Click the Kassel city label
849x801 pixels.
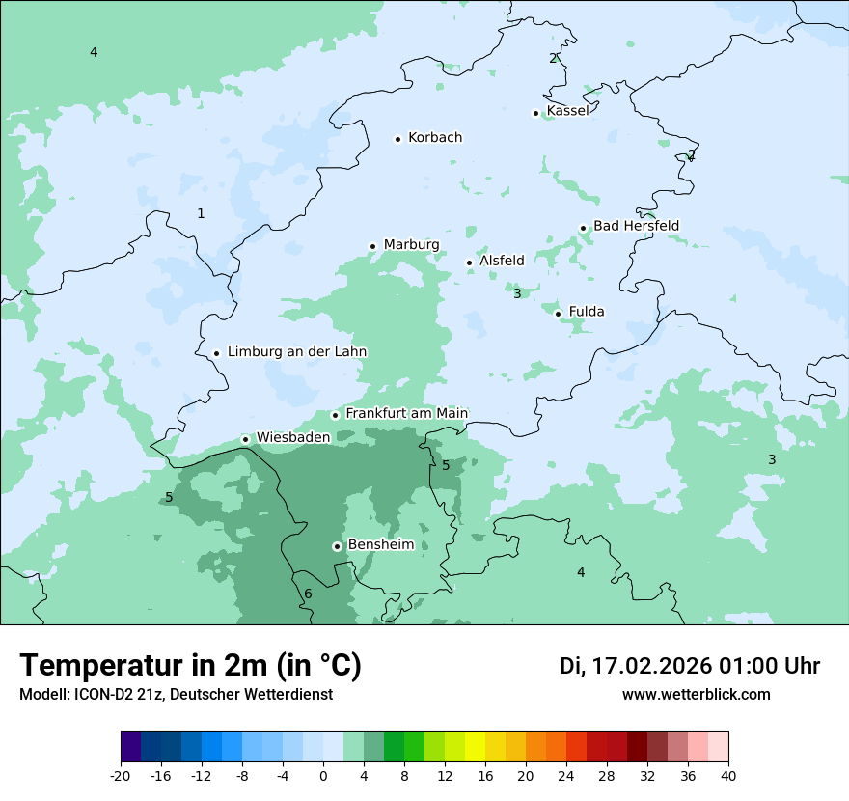pos(567,111)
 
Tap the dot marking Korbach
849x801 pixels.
pos(397,139)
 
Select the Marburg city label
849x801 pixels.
pos(411,244)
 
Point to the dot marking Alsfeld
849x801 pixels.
pos(470,262)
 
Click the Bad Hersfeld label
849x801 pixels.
pos(636,226)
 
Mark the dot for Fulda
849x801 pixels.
pos(558,314)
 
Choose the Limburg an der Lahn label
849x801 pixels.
pos(296,351)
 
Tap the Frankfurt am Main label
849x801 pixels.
pos(406,413)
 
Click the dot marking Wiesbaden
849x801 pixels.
pos(246,439)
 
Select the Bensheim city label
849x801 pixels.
pos(380,544)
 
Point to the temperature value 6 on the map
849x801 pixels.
pos(308,594)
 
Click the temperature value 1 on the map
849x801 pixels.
pos(201,213)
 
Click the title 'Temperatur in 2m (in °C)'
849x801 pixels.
pos(191,666)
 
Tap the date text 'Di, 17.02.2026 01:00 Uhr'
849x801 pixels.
pos(690,666)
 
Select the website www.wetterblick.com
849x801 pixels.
pos(696,694)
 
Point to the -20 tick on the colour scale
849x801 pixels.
pos(121,775)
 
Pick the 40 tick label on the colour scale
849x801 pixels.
pos(727,775)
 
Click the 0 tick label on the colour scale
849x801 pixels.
pos(323,775)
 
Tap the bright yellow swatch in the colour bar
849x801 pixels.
pos(475,747)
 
